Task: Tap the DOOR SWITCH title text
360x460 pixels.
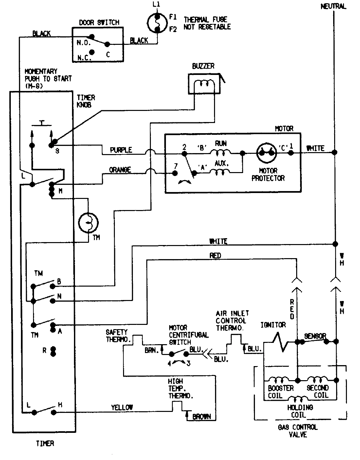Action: point(99,22)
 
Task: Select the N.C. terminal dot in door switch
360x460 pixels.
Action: point(92,52)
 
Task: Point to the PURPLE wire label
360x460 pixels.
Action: point(121,150)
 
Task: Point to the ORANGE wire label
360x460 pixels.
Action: point(120,169)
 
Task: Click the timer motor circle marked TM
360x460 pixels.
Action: point(88,222)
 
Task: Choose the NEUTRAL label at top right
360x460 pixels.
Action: point(333,6)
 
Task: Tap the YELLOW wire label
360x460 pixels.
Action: point(122,407)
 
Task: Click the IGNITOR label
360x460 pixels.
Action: point(273,325)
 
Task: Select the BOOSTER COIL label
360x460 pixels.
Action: point(280,392)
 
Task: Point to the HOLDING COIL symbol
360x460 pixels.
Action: point(297,398)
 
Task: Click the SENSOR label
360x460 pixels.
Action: point(315,336)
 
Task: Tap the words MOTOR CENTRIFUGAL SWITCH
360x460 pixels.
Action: point(188,335)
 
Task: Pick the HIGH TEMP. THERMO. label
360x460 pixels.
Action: point(180,388)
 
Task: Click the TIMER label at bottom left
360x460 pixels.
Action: point(45,444)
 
